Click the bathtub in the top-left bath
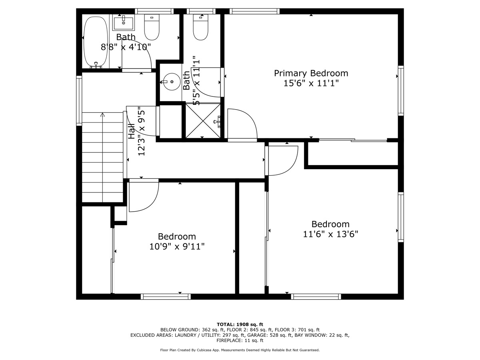pyautogui.click(x=96, y=42)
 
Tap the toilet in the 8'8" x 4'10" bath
pyautogui.click(x=152, y=26)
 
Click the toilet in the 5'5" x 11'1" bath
pyautogui.click(x=201, y=27)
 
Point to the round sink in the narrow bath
pyautogui.click(x=172, y=82)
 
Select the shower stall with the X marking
pyautogui.click(x=203, y=120)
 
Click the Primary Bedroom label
pyautogui.click(x=311, y=73)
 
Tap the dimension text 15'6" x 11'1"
pyautogui.click(x=311, y=84)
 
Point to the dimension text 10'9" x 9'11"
pyautogui.click(x=177, y=247)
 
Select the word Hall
pyautogui.click(x=132, y=131)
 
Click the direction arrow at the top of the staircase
pyautogui.click(x=102, y=115)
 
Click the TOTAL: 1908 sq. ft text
pyautogui.click(x=240, y=324)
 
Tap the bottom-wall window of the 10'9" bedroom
pyautogui.click(x=166, y=296)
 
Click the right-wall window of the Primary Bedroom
pyautogui.click(x=400, y=90)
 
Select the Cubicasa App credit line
pyautogui.click(x=240, y=350)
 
